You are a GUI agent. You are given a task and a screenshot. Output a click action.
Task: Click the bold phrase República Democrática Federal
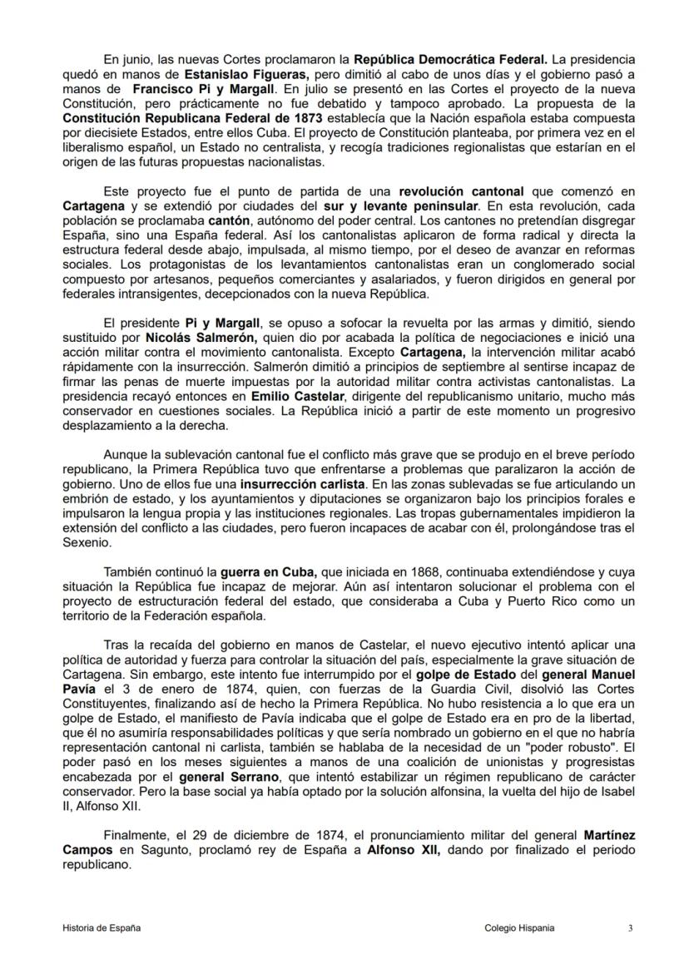tap(451, 59)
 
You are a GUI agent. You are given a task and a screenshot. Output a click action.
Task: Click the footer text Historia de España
tap(101, 927)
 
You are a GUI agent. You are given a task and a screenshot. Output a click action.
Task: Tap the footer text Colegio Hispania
tap(518, 927)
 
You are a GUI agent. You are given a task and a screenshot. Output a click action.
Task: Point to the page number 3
tap(630, 927)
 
